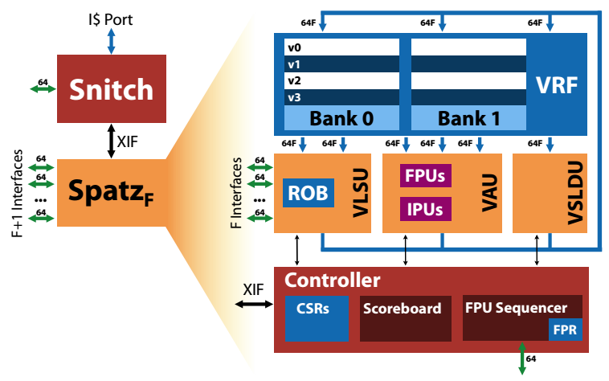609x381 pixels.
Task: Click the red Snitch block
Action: [x=112, y=88]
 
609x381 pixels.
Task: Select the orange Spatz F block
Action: [x=112, y=194]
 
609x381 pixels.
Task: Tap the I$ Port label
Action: [x=112, y=18]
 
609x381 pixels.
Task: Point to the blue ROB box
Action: [x=306, y=193]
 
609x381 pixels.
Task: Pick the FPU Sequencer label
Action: [x=516, y=307]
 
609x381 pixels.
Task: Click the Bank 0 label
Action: [x=341, y=118]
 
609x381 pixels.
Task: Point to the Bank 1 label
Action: [x=468, y=118]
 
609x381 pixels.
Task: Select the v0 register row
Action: [x=341, y=47]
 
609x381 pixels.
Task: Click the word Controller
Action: [x=333, y=281]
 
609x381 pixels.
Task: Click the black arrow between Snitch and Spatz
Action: [x=110, y=140]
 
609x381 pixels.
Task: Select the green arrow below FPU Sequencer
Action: [x=522, y=359]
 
